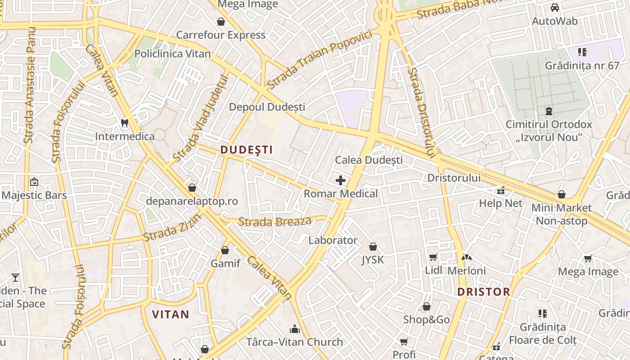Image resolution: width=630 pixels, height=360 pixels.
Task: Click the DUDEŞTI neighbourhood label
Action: coord(247,150)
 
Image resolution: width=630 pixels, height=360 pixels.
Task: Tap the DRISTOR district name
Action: coord(484,292)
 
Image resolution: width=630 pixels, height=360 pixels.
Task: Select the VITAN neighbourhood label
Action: coord(171,314)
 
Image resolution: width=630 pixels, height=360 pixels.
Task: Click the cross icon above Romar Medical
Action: coord(341,181)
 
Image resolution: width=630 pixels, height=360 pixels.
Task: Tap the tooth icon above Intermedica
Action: coord(125,122)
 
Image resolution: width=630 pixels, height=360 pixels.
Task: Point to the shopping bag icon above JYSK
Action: coord(373,247)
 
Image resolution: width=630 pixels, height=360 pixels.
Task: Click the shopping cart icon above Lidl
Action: coord(433,257)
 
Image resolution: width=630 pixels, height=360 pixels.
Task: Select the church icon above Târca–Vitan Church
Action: coord(295,329)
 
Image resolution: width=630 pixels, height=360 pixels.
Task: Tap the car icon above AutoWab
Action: coord(555,8)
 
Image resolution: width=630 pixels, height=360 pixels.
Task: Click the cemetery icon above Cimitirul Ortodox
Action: coord(549,111)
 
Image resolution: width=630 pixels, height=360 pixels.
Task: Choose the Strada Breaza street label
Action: coord(275,221)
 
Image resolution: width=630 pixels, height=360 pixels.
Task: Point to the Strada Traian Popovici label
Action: coord(319,59)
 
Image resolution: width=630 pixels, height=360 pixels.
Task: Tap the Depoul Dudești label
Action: coord(267,107)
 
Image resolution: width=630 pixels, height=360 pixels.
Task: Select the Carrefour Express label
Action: coord(220,35)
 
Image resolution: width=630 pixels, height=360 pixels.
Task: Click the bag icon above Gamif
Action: coord(225,250)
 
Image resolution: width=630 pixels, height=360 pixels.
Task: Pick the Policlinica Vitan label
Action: coord(172,54)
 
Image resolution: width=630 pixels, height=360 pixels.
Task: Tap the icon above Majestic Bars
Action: coord(34,182)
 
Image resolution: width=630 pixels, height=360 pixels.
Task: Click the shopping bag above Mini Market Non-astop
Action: coord(561,194)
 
